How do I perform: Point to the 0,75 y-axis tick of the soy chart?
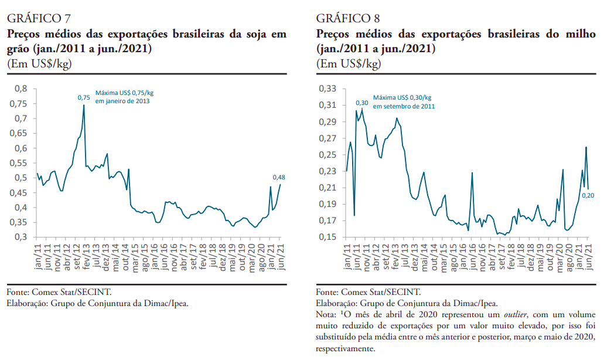click(x=20, y=103)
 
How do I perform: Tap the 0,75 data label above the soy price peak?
click(x=84, y=97)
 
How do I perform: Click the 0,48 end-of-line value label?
click(x=279, y=177)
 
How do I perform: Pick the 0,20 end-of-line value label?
click(x=588, y=195)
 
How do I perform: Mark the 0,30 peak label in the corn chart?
click(x=361, y=103)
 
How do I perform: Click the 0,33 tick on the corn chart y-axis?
click(x=329, y=89)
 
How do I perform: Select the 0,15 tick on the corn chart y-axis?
click(x=329, y=237)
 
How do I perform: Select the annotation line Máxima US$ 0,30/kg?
click(x=402, y=97)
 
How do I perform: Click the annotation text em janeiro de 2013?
click(x=122, y=101)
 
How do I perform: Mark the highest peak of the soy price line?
click(x=84, y=106)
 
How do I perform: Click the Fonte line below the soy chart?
click(x=59, y=291)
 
